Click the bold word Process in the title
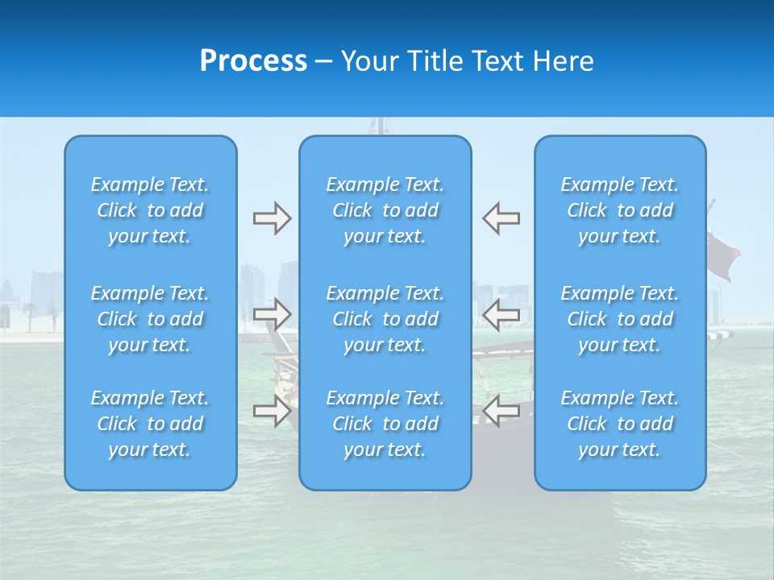point(253,61)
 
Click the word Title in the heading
point(435,61)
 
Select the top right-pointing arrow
point(272,218)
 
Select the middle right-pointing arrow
point(272,314)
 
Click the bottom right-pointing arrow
point(272,411)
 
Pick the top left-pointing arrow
point(501,218)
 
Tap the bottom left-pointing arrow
point(501,411)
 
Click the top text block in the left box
point(150,210)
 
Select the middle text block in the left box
point(150,319)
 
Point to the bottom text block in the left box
point(150,424)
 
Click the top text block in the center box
point(385,210)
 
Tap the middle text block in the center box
point(385,319)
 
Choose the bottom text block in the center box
point(385,424)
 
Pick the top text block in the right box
point(620,210)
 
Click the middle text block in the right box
point(620,319)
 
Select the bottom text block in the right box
point(620,424)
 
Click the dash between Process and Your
point(323,63)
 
